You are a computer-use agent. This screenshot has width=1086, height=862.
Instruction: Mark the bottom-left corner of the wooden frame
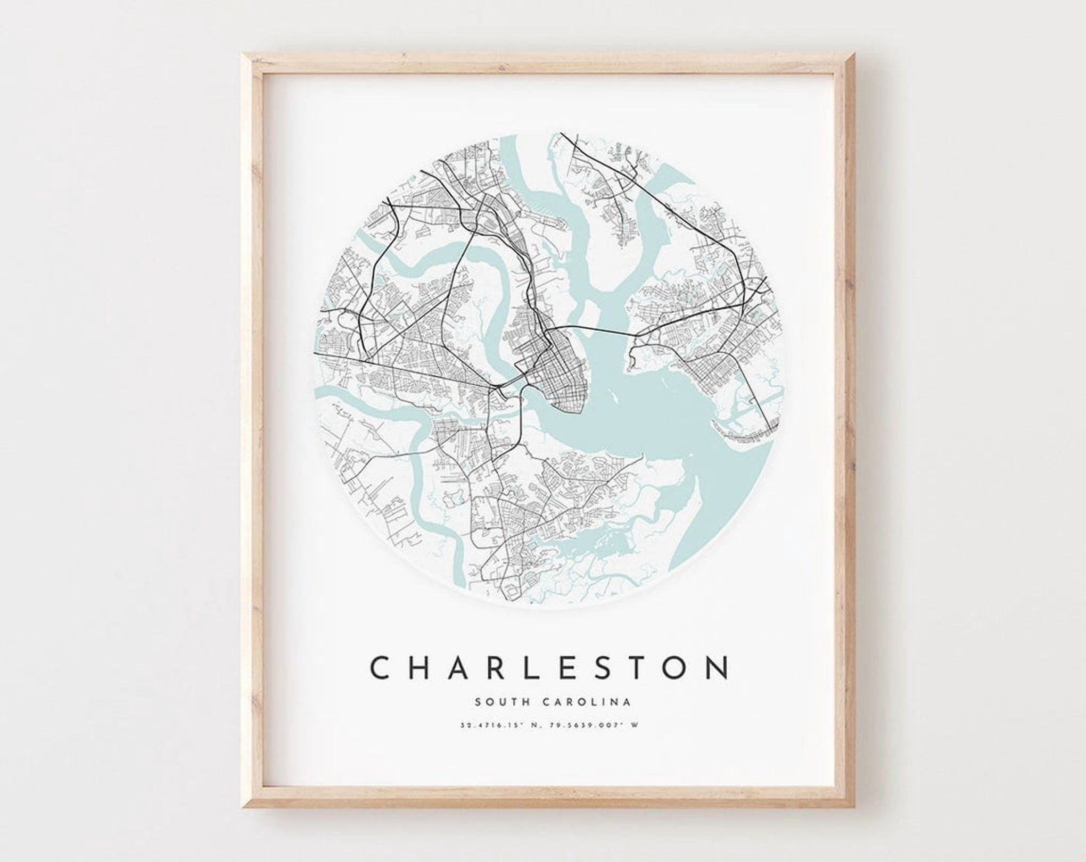243,809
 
